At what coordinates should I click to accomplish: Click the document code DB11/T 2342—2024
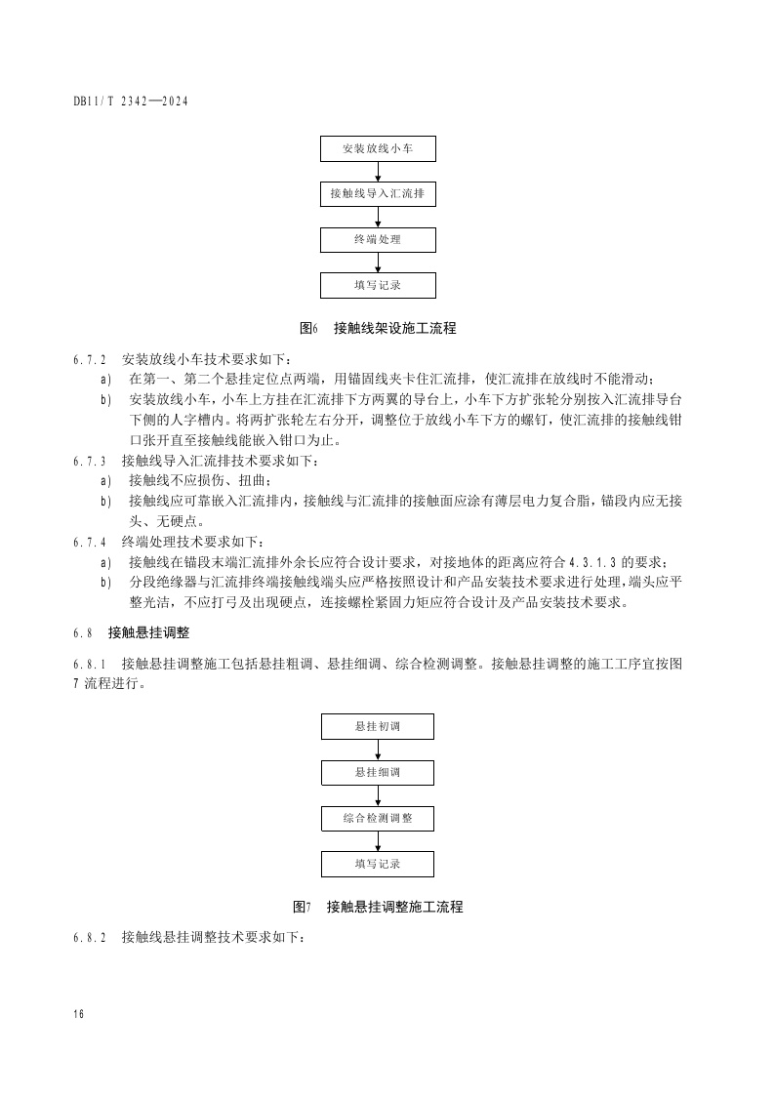pyautogui.click(x=130, y=101)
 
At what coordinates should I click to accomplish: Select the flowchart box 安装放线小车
pyautogui.click(x=378, y=149)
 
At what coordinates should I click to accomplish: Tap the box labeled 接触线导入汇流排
pyautogui.click(x=378, y=194)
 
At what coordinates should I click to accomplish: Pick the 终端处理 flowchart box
pyautogui.click(x=378, y=239)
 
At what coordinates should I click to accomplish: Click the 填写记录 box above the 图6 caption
pyautogui.click(x=378, y=285)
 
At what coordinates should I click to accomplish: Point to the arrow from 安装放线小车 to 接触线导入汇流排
pyautogui.click(x=378, y=172)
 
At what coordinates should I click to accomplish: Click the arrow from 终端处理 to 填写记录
pyautogui.click(x=378, y=263)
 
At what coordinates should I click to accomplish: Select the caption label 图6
pyautogui.click(x=308, y=329)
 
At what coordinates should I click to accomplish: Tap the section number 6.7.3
pyautogui.click(x=91, y=461)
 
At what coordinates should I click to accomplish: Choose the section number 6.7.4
pyautogui.click(x=91, y=543)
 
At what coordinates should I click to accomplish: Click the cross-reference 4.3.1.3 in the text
pyautogui.click(x=591, y=562)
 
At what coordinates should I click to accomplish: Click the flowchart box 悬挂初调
pyautogui.click(x=378, y=727)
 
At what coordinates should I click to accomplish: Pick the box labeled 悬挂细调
pyautogui.click(x=378, y=773)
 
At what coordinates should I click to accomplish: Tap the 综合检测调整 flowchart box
pyautogui.click(x=378, y=818)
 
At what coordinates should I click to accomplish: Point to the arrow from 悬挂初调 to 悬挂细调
pyautogui.click(x=378, y=750)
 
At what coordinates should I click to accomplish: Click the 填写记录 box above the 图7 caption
pyautogui.click(x=378, y=864)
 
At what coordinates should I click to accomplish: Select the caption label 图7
pyautogui.click(x=302, y=908)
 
